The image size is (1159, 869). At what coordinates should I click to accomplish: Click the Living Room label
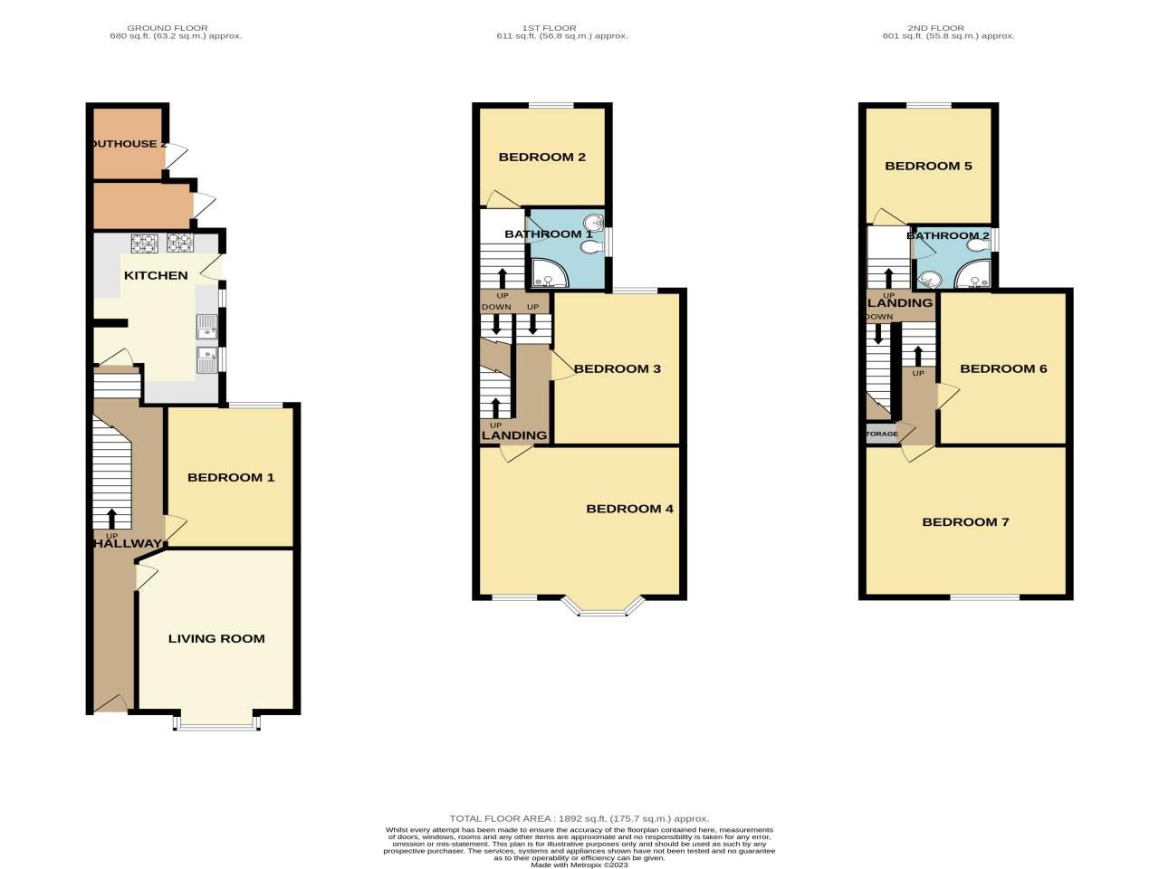[216, 638]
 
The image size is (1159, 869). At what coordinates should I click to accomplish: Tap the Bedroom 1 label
[230, 477]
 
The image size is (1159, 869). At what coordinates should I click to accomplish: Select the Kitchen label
[156, 275]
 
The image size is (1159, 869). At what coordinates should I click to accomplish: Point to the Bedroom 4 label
[629, 509]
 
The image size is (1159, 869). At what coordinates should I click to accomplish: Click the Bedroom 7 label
[965, 522]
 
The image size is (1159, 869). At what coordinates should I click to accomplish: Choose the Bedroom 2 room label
[542, 157]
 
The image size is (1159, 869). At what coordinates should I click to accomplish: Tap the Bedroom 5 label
[928, 166]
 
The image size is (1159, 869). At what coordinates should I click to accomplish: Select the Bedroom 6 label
[1003, 368]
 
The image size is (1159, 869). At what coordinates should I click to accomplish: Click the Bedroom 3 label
[618, 368]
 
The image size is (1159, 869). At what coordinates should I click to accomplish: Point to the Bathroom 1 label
[549, 234]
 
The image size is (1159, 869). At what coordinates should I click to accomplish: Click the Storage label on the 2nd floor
[882, 434]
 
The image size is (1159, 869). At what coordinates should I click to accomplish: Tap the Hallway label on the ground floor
[127, 543]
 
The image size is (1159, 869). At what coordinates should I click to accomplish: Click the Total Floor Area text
[579, 818]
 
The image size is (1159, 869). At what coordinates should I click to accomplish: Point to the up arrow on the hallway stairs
[112, 518]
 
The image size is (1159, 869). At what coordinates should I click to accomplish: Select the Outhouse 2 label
[128, 143]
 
